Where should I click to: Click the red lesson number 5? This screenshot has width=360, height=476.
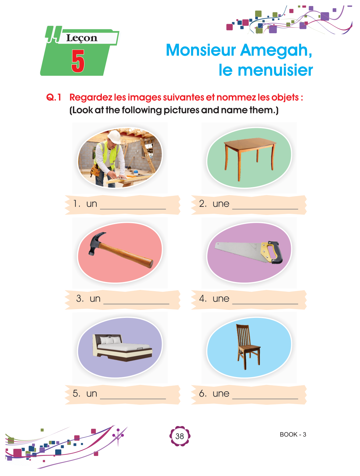tap(78, 61)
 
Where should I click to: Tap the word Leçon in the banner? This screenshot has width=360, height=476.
tap(82, 38)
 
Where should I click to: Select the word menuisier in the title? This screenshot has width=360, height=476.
tap(275, 70)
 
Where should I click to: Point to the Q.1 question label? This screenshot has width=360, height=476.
tap(54, 97)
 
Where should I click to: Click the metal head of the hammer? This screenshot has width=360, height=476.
tap(96, 243)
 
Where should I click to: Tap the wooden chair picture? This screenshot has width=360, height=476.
tap(248, 347)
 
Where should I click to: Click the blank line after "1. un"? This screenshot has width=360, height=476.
tap(133, 209)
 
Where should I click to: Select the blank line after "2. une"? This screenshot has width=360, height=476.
tap(265, 209)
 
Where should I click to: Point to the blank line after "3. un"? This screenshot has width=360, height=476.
tap(136, 304)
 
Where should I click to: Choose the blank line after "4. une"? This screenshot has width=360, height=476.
tap(265, 304)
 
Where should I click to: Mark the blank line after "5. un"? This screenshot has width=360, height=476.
tap(133, 399)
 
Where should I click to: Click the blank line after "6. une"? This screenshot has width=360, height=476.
tap(265, 399)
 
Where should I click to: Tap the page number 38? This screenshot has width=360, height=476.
tap(180, 436)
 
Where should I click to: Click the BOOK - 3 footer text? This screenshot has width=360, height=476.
tap(293, 434)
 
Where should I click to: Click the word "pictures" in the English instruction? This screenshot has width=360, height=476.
tap(181, 110)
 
